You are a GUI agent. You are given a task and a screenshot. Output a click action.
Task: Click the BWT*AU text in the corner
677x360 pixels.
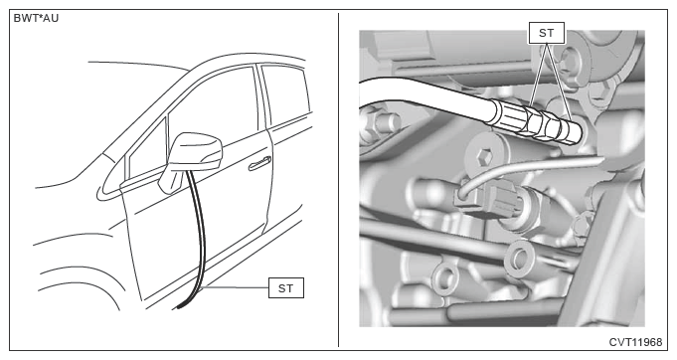36,19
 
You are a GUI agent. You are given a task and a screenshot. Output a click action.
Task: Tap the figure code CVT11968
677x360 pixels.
635,342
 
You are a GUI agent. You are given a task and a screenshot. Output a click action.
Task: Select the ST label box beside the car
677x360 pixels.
286,288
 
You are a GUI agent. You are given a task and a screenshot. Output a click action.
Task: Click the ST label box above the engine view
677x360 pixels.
546,33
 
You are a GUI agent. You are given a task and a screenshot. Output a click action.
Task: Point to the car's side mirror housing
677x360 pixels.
195,150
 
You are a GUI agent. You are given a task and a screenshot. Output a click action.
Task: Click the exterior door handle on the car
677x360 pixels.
259,163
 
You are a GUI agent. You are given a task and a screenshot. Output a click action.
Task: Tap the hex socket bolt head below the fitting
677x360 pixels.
485,157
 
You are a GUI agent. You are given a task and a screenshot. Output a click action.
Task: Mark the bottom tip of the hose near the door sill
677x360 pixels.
178,307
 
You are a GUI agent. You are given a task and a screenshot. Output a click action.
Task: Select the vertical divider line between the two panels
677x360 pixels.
338,180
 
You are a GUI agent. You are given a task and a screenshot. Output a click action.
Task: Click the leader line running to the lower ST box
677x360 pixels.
236,287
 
